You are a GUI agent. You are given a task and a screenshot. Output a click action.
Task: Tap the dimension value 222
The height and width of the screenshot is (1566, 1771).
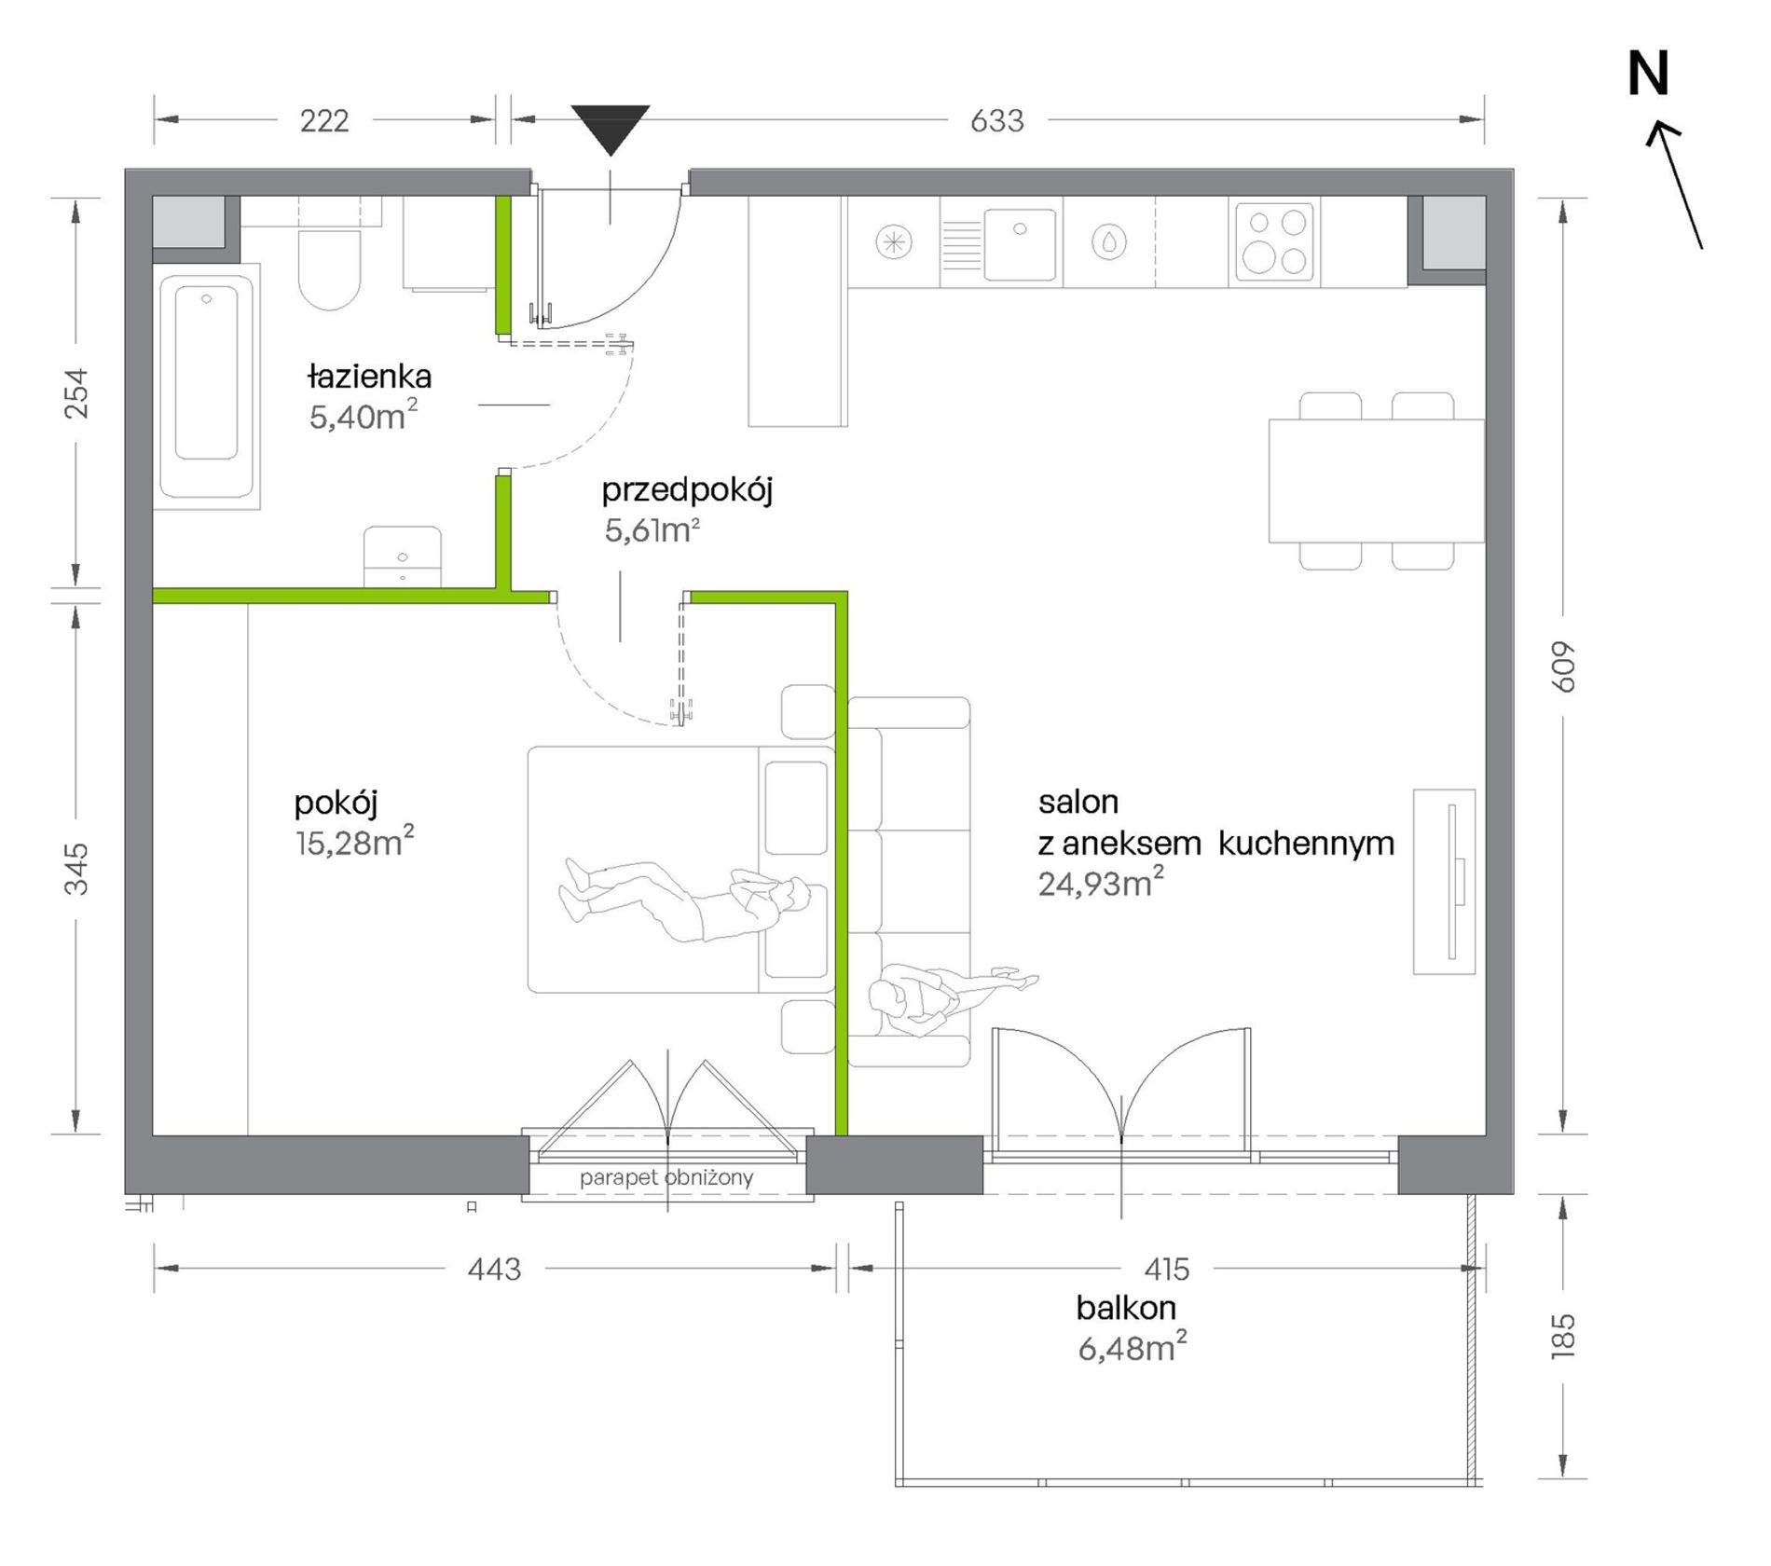click(x=324, y=121)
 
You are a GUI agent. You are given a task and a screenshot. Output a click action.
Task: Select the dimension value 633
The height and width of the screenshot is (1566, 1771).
click(x=996, y=121)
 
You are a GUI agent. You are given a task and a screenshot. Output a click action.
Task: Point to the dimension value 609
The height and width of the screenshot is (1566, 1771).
click(x=1563, y=666)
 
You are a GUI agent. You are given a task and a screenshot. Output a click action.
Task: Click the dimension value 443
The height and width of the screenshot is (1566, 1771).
click(x=494, y=1269)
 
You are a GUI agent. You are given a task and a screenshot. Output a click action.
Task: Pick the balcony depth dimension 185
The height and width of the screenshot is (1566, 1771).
click(x=1563, y=1336)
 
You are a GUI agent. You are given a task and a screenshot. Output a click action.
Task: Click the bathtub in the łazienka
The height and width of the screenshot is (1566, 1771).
click(x=207, y=386)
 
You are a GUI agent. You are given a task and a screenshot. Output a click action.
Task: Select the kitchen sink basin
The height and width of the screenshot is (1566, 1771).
click(x=1021, y=243)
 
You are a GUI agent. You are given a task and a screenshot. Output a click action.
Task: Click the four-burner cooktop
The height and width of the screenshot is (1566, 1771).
click(x=1274, y=242)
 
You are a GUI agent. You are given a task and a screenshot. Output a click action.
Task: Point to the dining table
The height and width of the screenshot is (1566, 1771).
click(x=1376, y=481)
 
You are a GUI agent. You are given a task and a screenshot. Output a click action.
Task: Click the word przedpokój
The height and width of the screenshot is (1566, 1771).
click(x=687, y=490)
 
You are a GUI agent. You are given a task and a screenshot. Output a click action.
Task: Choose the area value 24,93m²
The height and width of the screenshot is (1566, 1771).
click(x=1101, y=882)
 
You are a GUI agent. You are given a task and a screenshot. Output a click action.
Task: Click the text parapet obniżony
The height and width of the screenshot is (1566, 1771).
click(x=666, y=1177)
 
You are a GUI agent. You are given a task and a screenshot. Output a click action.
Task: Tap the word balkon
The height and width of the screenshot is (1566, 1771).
click(x=1126, y=1308)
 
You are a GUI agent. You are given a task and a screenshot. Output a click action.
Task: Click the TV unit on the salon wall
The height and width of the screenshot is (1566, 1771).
click(x=1444, y=882)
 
